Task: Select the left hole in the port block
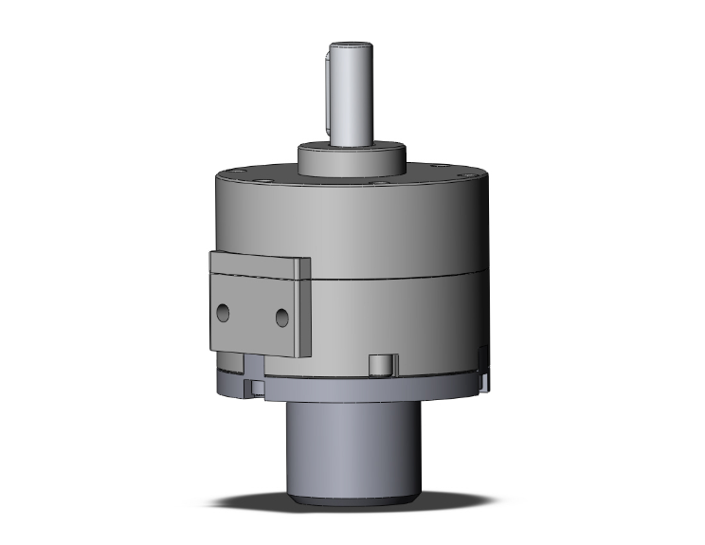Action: tap(225, 312)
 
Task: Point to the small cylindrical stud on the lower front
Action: tap(380, 365)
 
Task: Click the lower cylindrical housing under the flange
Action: tap(352, 445)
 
